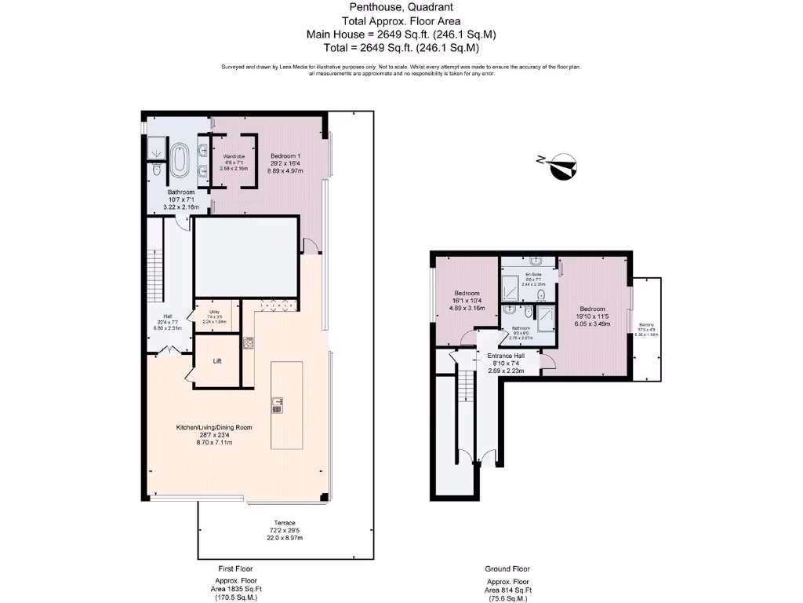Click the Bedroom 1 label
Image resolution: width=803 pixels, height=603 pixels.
click(286, 155)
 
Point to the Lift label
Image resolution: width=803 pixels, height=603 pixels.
click(217, 362)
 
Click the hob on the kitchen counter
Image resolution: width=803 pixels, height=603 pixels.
click(249, 342)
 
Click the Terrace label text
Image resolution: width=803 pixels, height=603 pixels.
click(284, 523)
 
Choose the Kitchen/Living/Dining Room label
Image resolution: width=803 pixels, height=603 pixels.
click(214, 427)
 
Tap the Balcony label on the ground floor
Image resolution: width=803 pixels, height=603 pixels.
click(647, 324)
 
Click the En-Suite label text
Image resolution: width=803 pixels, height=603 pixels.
click(533, 273)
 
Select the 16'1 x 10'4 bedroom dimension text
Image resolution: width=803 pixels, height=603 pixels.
click(467, 301)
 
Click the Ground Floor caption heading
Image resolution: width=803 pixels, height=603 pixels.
click(507, 568)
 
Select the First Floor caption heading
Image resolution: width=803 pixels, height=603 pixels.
click(235, 568)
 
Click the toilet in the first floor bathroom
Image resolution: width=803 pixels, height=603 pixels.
click(157, 169)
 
